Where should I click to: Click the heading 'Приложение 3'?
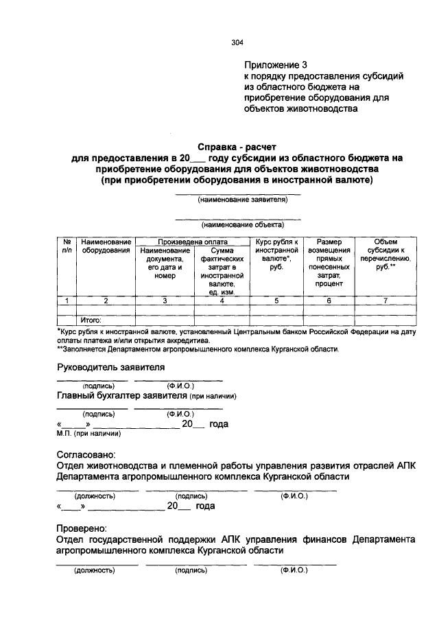pos(274,65)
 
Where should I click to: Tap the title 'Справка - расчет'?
pos(237,146)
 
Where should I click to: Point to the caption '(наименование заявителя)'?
pos(237,200)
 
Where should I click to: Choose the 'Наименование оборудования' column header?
pos(106,246)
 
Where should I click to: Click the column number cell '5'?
pos(277,301)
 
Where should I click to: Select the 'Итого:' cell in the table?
pos(91,320)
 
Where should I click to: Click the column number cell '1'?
pos(67,301)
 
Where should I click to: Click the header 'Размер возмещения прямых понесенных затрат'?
pos(329,262)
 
